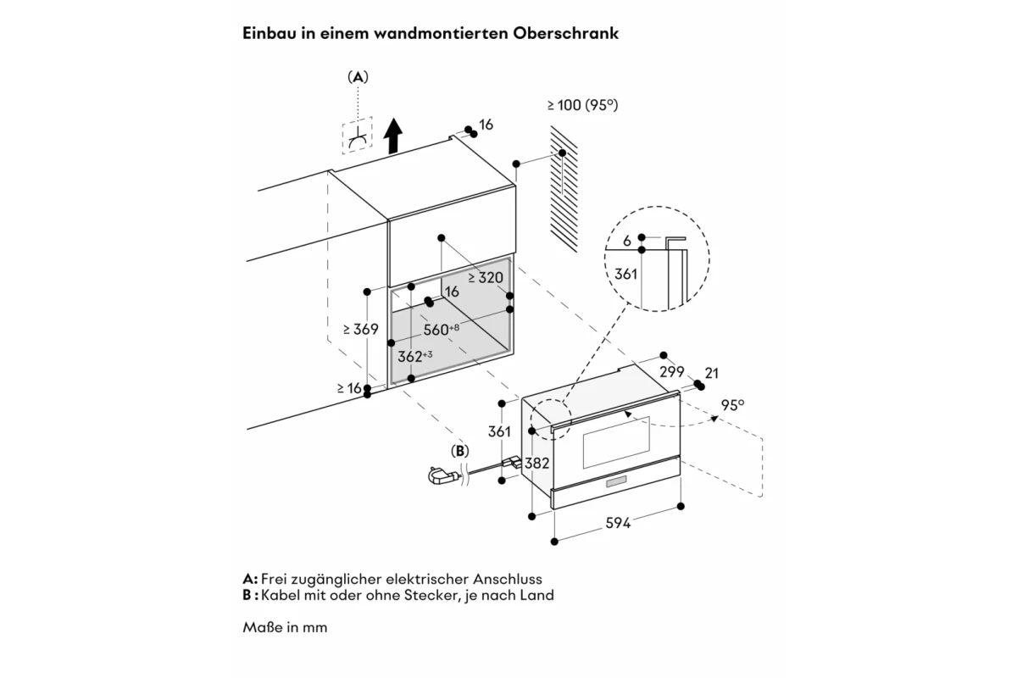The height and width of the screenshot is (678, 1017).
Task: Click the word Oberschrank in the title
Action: tap(566, 33)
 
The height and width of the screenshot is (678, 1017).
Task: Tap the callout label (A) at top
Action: tap(358, 77)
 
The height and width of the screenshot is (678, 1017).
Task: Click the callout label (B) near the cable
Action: tap(460, 451)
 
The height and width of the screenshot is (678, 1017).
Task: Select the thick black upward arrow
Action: tap(392, 136)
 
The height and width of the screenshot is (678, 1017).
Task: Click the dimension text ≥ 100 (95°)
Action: tap(582, 105)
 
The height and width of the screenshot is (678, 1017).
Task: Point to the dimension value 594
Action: tap(618, 523)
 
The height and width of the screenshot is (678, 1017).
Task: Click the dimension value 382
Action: tap(537, 464)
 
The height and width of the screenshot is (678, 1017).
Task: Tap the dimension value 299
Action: tap(672, 372)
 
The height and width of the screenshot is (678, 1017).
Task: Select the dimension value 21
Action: tap(711, 373)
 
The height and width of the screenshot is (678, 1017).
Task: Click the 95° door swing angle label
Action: tap(733, 405)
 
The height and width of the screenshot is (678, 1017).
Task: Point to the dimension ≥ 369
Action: tap(360, 329)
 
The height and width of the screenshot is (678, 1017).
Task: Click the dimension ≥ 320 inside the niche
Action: tap(486, 277)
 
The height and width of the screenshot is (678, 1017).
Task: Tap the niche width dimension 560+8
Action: tap(442, 329)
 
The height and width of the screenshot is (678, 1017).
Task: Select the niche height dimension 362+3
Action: tap(415, 356)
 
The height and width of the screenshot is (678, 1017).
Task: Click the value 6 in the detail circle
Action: tap(627, 242)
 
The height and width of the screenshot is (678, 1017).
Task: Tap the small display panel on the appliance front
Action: tap(616, 482)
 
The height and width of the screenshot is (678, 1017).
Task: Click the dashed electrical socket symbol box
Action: tap(358, 136)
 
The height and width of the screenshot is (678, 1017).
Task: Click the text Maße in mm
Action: tap(285, 627)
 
